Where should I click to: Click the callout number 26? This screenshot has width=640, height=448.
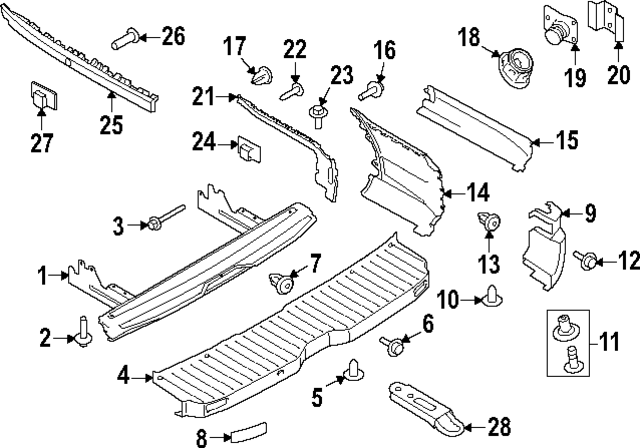(x=173, y=38)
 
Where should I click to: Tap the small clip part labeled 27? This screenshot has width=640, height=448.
(x=40, y=97)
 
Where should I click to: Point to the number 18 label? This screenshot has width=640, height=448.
(x=469, y=38)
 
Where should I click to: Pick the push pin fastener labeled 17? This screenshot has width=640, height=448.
(x=263, y=74)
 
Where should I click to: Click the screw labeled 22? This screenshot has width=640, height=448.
(x=293, y=92)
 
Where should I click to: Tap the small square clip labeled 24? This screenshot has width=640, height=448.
(x=246, y=149)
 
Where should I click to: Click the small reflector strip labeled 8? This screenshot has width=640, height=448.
(x=245, y=434)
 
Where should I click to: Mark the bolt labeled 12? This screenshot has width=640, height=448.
(x=588, y=262)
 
